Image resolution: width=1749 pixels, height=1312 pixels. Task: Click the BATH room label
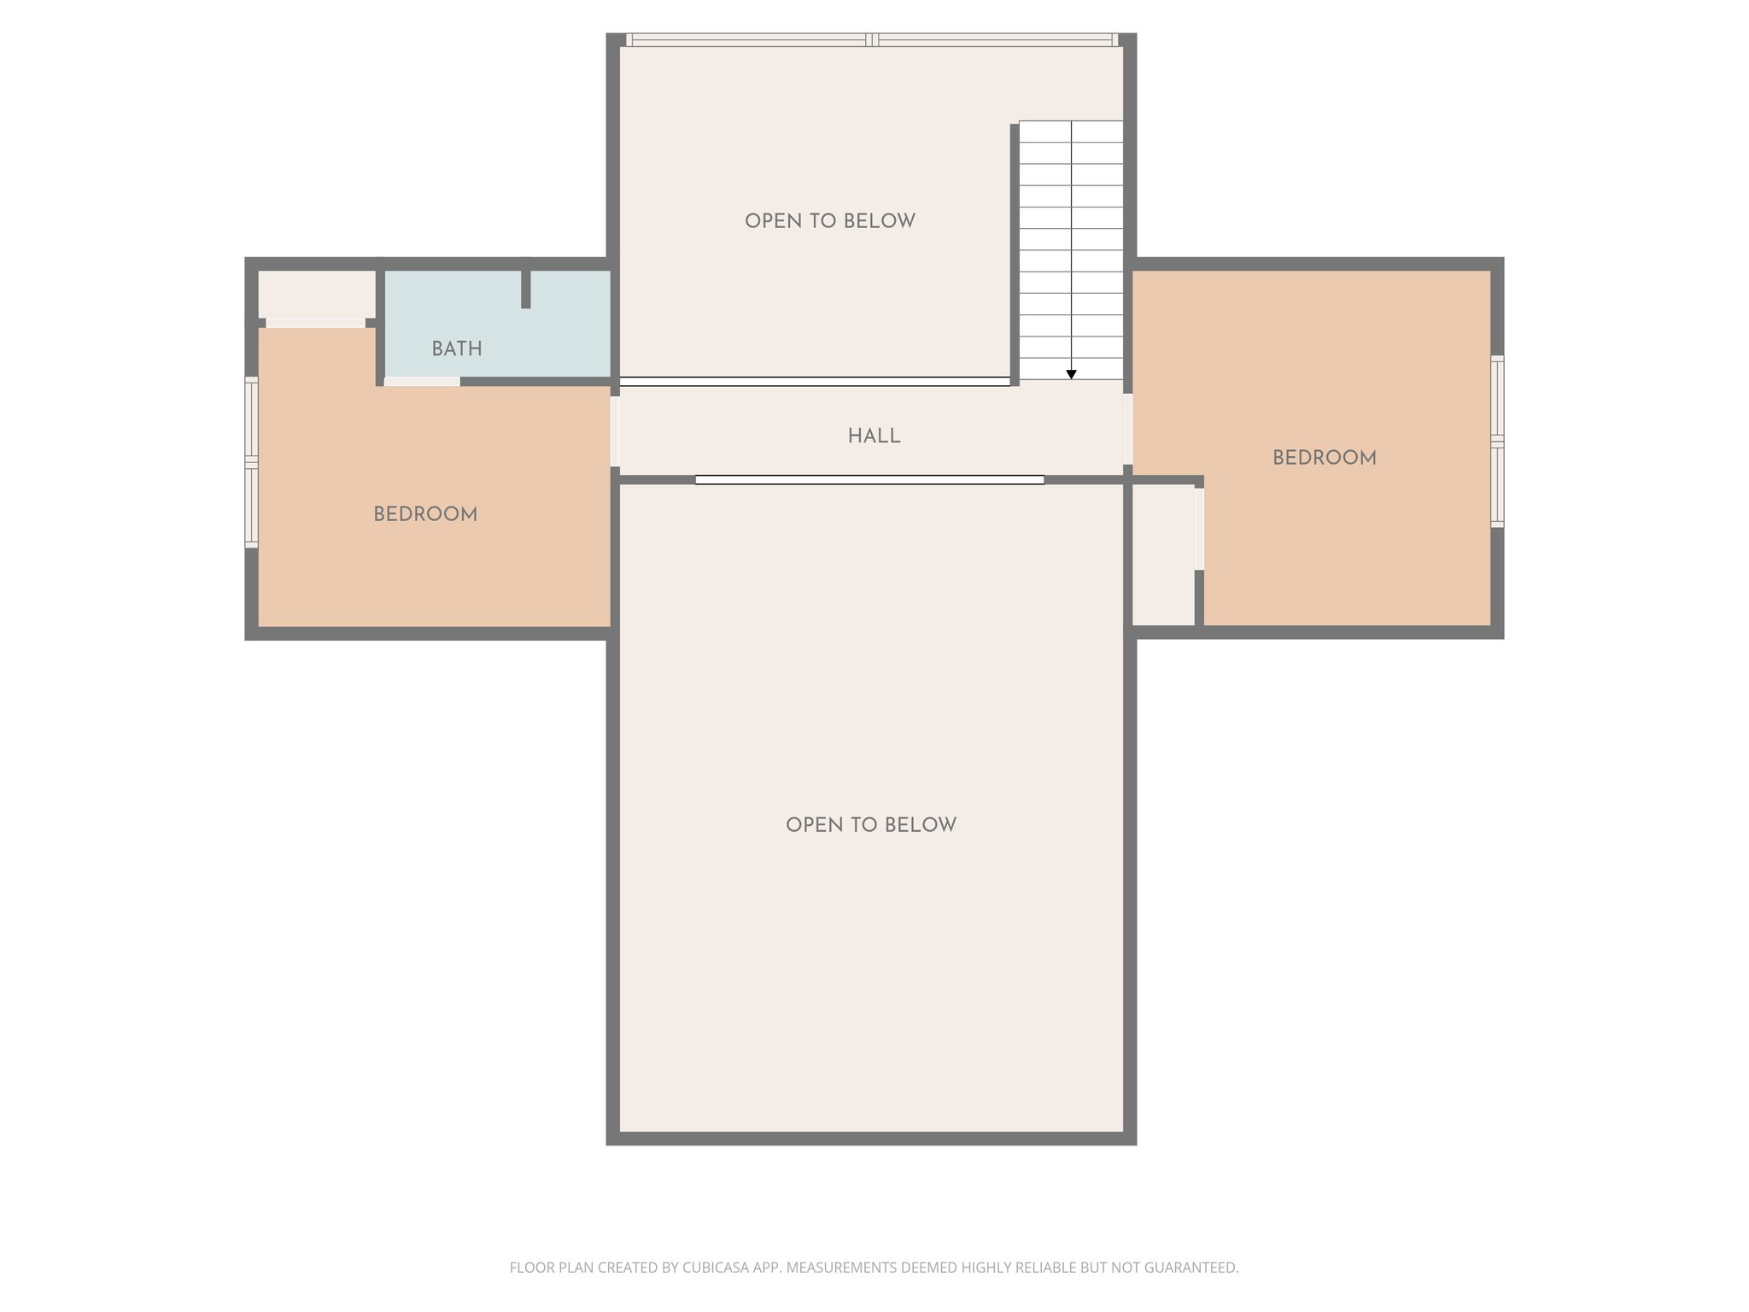pyautogui.click(x=456, y=348)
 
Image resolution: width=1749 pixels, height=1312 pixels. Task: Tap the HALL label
pyautogui.click(x=874, y=436)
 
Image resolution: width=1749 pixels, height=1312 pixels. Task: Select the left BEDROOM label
pyautogui.click(x=425, y=514)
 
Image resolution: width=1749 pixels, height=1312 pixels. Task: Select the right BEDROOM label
pyautogui.click(x=1324, y=458)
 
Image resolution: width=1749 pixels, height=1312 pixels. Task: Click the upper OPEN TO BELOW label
pyautogui.click(x=829, y=221)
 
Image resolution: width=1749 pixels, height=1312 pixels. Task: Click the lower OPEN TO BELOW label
pyautogui.click(x=870, y=825)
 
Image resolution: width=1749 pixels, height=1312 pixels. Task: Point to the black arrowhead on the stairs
pyautogui.click(x=1071, y=374)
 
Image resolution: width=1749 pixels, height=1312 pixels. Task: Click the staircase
pyautogui.click(x=1071, y=248)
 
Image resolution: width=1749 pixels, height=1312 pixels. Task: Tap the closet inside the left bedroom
pyautogui.click(x=316, y=294)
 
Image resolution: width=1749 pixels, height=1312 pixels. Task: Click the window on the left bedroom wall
pyautogui.click(x=251, y=461)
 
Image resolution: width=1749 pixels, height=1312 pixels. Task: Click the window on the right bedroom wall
pyautogui.click(x=1497, y=441)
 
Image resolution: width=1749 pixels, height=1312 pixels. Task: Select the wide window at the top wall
pyautogui.click(x=871, y=39)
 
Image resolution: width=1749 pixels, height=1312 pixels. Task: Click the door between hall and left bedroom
pyautogui.click(x=615, y=430)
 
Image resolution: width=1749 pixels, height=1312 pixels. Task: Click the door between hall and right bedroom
pyautogui.click(x=1127, y=429)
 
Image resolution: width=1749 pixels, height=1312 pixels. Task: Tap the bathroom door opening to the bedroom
pyautogui.click(x=422, y=382)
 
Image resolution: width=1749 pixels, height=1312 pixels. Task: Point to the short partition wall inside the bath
pyautogui.click(x=526, y=289)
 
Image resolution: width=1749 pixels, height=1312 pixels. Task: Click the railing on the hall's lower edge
pyautogui.click(x=869, y=480)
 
